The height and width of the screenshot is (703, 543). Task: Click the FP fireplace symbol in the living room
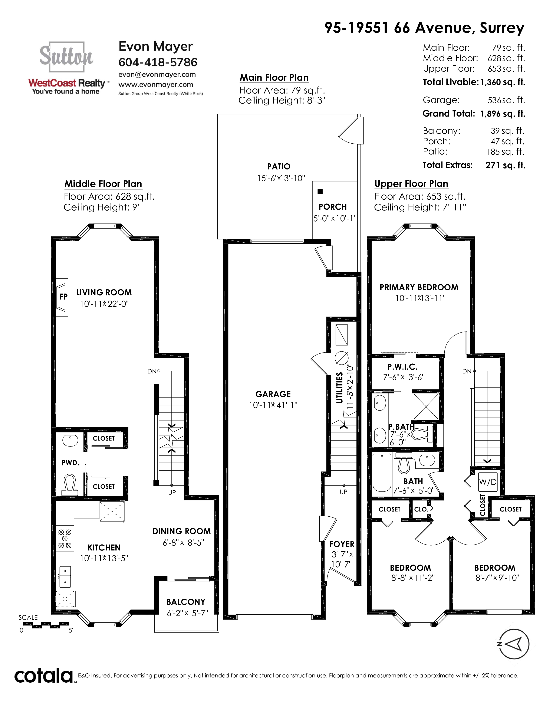coord(62,297)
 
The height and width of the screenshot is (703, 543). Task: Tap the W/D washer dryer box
coord(488,481)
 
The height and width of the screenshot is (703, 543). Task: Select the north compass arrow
coord(514,644)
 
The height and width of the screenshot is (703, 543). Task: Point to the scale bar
coord(46,625)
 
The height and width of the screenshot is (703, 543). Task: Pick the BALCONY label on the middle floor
coord(186,602)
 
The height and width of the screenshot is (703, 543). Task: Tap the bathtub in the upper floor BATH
coord(382,473)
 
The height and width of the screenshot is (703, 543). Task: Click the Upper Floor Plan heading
coord(411,184)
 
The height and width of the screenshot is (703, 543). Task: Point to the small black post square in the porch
coord(320,192)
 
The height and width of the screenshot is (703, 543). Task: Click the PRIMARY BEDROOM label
coord(419,287)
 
